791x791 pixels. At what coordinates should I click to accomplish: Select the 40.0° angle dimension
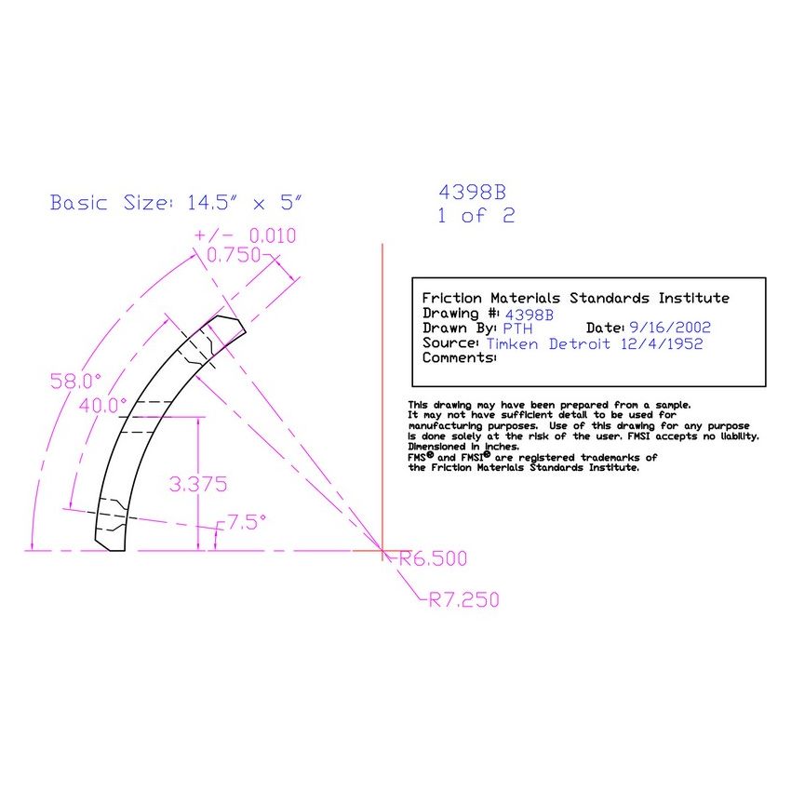(102, 405)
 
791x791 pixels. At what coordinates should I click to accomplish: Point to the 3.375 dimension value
(196, 484)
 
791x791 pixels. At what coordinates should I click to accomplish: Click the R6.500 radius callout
(432, 559)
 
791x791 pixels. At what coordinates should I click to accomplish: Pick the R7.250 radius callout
(463, 600)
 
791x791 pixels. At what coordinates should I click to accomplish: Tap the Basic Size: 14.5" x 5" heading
(177, 203)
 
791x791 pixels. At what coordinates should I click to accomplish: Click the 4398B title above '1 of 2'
(473, 193)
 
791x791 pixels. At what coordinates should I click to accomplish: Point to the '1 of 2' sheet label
(476, 216)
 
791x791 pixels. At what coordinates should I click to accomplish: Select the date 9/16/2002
(669, 328)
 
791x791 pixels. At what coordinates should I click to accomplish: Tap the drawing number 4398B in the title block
(529, 314)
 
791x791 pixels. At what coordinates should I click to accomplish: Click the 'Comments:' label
(460, 357)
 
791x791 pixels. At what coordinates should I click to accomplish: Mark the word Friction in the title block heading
(453, 298)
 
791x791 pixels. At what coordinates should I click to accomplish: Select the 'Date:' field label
(606, 328)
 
